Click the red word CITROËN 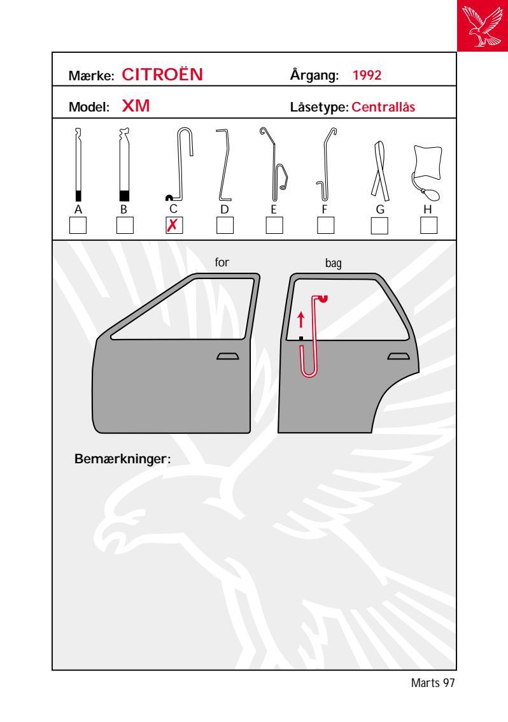(162, 75)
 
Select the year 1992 (367, 75)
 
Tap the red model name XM (136, 106)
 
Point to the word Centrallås (383, 107)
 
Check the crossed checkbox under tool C (174, 225)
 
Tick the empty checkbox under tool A (78, 225)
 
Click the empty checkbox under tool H (428, 225)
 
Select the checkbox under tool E (274, 225)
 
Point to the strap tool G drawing (380, 171)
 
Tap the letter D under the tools (224, 210)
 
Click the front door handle (228, 356)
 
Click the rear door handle (399, 356)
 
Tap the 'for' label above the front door (222, 262)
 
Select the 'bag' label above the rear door (334, 263)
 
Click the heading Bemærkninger (122, 459)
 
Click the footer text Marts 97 (432, 683)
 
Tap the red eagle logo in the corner (483, 25)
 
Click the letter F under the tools (325, 210)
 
